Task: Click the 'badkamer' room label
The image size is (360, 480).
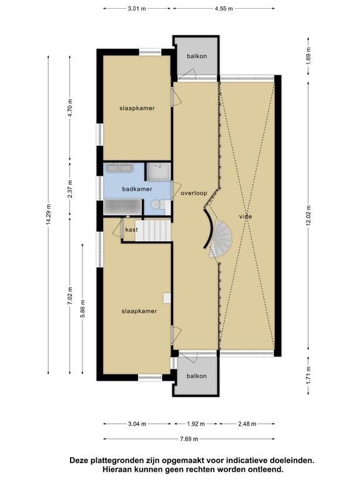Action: click(137, 189)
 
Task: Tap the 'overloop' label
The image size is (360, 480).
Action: click(194, 193)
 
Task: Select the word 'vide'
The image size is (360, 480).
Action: click(246, 216)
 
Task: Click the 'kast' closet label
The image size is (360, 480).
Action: click(131, 229)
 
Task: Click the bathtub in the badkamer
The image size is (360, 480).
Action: click(122, 207)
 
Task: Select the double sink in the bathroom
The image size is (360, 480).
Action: click(120, 167)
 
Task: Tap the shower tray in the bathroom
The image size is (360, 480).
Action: click(159, 172)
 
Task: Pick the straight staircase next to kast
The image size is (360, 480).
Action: click(152, 230)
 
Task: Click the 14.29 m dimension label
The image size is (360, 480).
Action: click(49, 214)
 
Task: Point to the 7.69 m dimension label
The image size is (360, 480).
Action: click(189, 439)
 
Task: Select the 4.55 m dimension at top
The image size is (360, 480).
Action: click(224, 9)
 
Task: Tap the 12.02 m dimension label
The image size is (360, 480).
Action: click(308, 216)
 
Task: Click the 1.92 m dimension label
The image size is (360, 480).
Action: click(196, 424)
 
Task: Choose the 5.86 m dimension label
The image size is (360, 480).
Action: click(82, 309)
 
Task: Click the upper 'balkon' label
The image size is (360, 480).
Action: click(197, 56)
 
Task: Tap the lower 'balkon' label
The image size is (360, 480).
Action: click(196, 376)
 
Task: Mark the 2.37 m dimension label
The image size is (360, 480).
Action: click(70, 189)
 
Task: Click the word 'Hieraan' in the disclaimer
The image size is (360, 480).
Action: click(119, 469)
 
